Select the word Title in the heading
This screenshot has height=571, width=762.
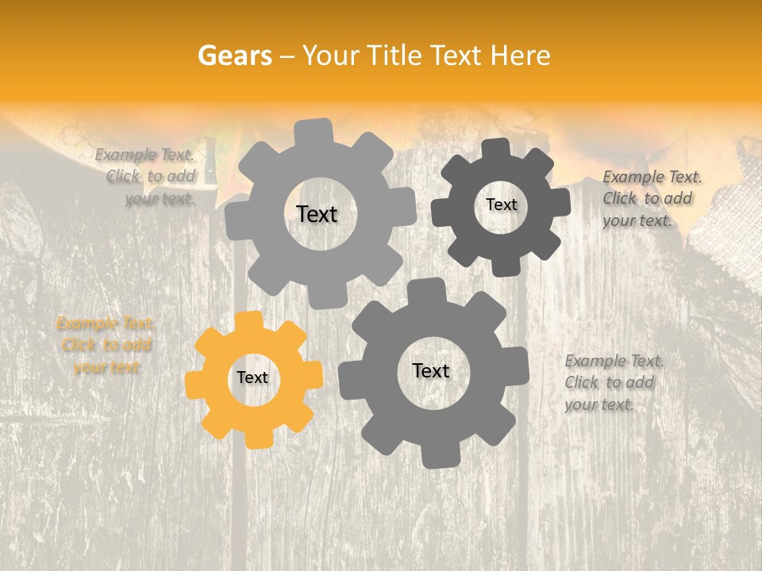[395, 56]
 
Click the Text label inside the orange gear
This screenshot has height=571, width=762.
[252, 378]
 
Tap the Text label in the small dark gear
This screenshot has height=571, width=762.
[501, 205]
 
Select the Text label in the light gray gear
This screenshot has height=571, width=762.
[317, 214]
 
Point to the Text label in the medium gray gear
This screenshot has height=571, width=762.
[431, 370]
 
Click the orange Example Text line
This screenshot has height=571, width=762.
[106, 324]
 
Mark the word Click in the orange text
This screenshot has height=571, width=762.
[79, 345]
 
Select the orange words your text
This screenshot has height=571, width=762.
[106, 367]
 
